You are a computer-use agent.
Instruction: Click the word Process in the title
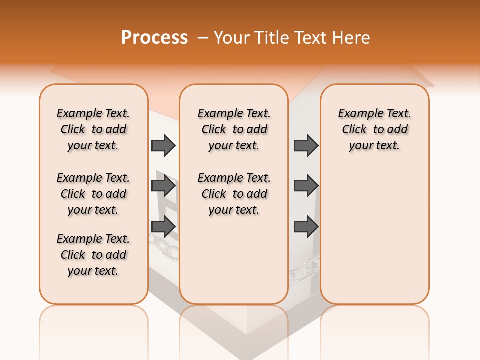[x=154, y=38]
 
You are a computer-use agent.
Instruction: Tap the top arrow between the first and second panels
[x=163, y=145]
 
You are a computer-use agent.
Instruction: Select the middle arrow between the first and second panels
[x=163, y=186]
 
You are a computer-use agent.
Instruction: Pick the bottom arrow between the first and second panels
[x=163, y=226]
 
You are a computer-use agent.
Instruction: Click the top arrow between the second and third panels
[x=306, y=145]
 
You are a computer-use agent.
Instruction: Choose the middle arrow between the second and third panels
[x=306, y=186]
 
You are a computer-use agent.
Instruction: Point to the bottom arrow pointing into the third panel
[x=306, y=226]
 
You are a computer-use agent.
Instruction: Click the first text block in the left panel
[x=93, y=129]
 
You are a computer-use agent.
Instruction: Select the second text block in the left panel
[x=93, y=194]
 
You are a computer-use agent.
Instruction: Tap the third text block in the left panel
[x=93, y=255]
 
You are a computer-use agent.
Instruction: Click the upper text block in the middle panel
[x=234, y=129]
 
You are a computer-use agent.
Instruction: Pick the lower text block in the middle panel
[x=234, y=194]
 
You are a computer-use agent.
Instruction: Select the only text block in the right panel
[x=375, y=129]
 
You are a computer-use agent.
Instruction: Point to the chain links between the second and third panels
[x=304, y=267]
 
